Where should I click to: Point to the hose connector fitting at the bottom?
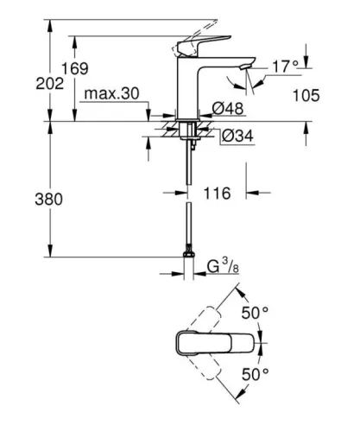[187, 256]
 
